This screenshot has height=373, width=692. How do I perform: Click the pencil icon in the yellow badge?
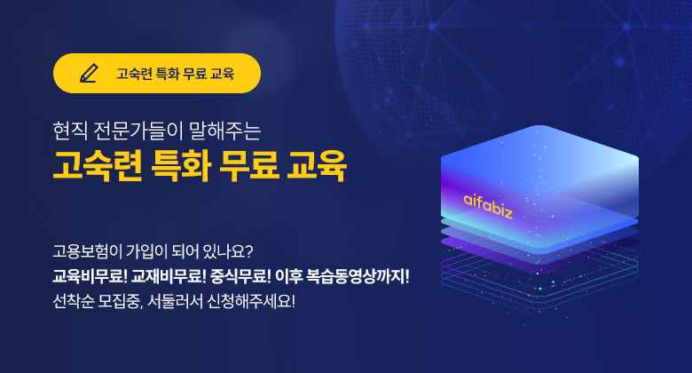(x=89, y=73)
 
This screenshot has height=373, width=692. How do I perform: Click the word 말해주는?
(x=225, y=131)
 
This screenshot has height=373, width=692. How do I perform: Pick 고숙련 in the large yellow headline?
(x=98, y=167)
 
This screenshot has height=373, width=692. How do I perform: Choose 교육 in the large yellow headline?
(x=317, y=167)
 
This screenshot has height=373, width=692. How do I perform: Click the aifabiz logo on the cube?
(x=488, y=206)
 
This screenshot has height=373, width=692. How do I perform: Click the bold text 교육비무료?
(x=90, y=277)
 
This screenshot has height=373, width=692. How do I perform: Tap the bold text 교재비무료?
(x=169, y=277)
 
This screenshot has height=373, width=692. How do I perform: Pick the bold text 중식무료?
(x=240, y=277)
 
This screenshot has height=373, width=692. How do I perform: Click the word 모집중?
(x=121, y=302)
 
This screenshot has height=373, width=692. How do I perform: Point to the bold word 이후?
(x=288, y=277)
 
